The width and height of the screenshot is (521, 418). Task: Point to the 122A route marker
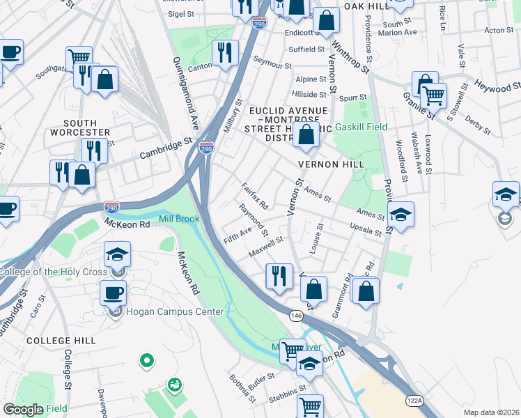point(415,400)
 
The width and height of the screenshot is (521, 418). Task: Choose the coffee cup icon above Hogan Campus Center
point(113,293)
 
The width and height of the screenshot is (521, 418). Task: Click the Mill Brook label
point(179,219)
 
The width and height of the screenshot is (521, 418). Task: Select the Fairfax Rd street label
point(254,196)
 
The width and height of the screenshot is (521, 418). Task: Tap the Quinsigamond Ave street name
point(186,94)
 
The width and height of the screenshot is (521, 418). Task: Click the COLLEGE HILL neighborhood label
point(60,341)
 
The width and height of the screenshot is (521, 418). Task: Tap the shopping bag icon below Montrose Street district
point(306,134)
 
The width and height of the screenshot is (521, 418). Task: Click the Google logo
point(24,409)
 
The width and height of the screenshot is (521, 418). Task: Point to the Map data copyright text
point(492,412)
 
